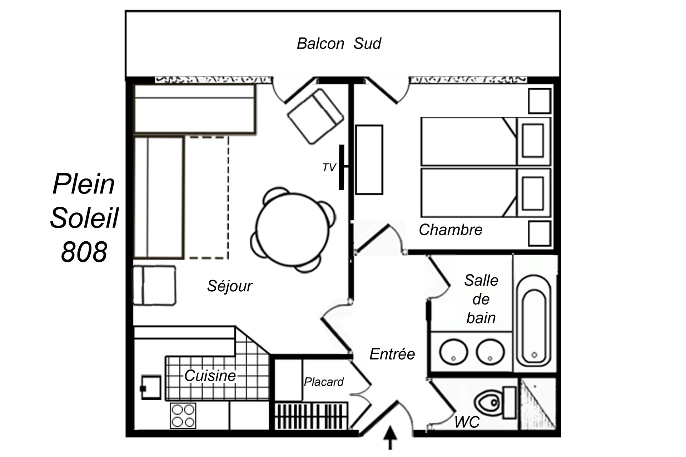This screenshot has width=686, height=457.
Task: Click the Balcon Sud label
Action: tap(339, 44)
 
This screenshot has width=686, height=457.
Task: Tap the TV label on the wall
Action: tap(329, 167)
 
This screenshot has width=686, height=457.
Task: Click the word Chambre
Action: tap(450, 230)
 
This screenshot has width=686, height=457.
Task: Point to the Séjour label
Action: tap(230, 286)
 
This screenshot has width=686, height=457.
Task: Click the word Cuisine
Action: tap(210, 376)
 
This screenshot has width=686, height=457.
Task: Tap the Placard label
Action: tap(324, 382)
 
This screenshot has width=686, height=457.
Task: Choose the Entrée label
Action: tap(392, 354)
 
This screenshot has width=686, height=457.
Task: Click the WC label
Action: tap(467, 422)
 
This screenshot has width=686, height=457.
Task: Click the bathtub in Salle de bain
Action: tap(534, 321)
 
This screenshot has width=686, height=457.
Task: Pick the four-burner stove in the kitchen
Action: tap(183, 416)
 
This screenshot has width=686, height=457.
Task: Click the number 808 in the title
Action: tap(84, 252)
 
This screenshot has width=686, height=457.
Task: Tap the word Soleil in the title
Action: tap(84, 218)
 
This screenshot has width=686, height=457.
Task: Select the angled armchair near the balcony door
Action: tap(315, 116)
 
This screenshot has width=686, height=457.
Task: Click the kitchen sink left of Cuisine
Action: tap(151, 387)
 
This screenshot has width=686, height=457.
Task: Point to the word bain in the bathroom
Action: tap(481, 318)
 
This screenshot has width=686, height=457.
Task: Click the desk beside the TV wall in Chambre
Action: tap(369, 160)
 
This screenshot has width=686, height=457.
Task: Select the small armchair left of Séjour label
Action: tap(154, 285)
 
